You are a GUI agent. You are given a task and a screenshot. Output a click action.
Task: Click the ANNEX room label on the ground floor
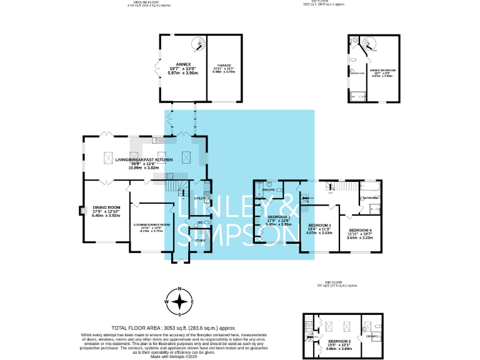click(x=182, y=63)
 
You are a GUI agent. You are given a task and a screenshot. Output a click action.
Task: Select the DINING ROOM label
click(x=105, y=207)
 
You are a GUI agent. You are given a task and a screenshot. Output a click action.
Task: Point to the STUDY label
click(x=200, y=240)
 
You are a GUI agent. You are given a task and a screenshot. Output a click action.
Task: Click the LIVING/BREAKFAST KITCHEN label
click(x=145, y=160)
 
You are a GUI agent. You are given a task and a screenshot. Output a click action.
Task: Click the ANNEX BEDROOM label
click(x=382, y=70)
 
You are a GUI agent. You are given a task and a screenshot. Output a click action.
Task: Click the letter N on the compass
click(x=180, y=289)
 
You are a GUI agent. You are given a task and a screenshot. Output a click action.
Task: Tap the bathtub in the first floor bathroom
click(x=371, y=186)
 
